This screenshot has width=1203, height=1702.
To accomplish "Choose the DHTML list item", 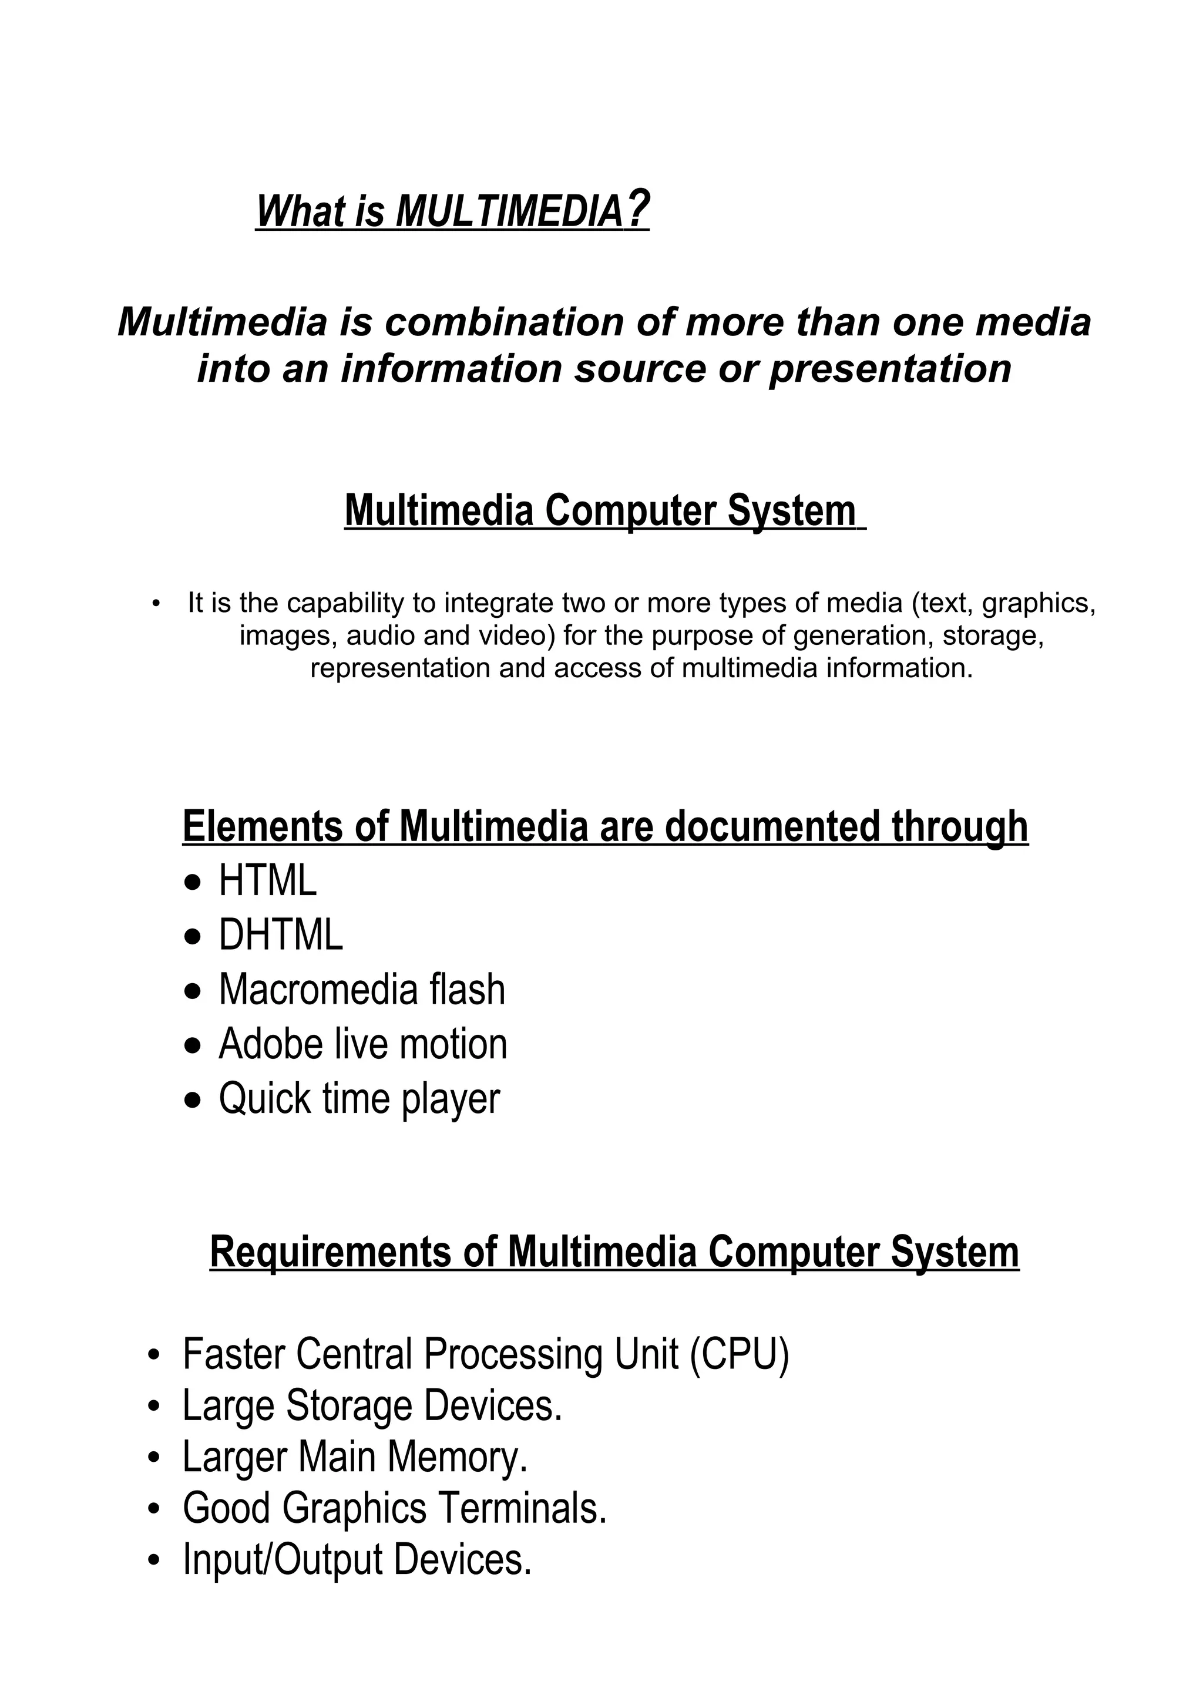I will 281,936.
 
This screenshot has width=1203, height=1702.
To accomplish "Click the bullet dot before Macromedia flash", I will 193,991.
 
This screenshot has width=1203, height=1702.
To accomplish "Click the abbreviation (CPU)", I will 739,1354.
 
